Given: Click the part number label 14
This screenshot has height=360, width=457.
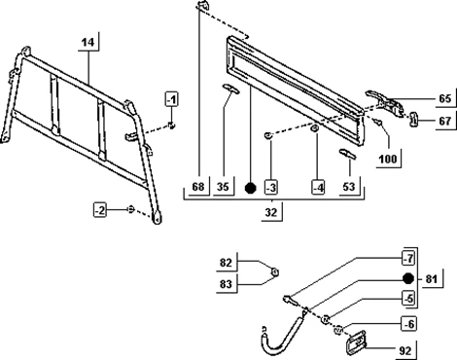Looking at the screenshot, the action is pyautogui.click(x=88, y=42).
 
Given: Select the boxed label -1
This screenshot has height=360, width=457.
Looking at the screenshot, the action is pyautogui.click(x=172, y=99).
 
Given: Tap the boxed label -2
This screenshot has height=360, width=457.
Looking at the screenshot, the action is pyautogui.click(x=100, y=211).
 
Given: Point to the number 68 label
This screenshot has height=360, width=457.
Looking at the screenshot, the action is pyautogui.click(x=198, y=187).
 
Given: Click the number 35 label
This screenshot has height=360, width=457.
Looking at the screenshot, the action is pyautogui.click(x=223, y=187).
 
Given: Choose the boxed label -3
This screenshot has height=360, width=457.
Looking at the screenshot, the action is pyautogui.click(x=271, y=188).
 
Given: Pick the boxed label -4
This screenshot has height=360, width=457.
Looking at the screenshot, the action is pyautogui.click(x=318, y=188).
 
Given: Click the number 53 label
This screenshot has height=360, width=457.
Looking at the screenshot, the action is pyautogui.click(x=349, y=187).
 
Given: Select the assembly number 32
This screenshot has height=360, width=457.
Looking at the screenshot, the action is pyautogui.click(x=271, y=212).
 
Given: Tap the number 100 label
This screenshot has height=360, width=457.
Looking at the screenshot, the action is pyautogui.click(x=388, y=159).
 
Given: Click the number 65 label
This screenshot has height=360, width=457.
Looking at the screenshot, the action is pyautogui.click(x=444, y=98).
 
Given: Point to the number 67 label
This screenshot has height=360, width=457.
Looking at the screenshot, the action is pyautogui.click(x=444, y=121).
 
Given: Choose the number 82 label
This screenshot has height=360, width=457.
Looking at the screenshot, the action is pyautogui.click(x=226, y=263).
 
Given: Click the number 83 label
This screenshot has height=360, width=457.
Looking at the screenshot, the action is pyautogui.click(x=226, y=284).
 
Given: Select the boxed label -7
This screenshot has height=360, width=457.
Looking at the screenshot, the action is pyautogui.click(x=408, y=259).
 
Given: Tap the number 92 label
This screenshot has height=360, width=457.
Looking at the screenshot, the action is pyautogui.click(x=405, y=350).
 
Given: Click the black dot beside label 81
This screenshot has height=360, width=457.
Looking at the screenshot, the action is pyautogui.click(x=408, y=278).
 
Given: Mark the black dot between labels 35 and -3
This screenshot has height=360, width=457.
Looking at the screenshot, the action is pyautogui.click(x=250, y=188).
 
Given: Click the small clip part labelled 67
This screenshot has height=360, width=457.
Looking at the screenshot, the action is pyautogui.click(x=414, y=119).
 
